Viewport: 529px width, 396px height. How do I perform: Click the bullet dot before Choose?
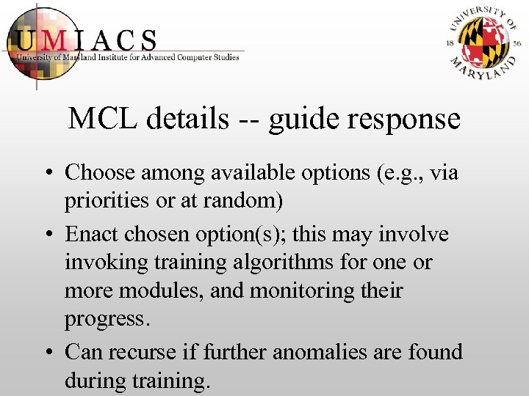coord(47,174)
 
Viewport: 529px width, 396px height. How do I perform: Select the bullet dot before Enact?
coord(47,235)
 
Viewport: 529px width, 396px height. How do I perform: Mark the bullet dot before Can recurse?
coord(47,353)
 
